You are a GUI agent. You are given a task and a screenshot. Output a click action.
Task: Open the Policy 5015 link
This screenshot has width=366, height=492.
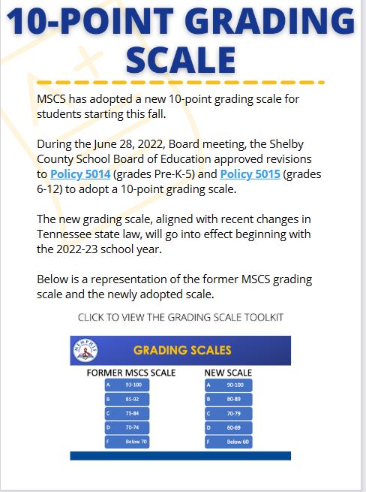[x=247, y=174]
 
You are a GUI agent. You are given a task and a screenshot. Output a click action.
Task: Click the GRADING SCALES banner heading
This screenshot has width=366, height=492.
[x=182, y=350]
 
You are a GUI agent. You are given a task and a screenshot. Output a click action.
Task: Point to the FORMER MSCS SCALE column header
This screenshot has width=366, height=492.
[x=131, y=373]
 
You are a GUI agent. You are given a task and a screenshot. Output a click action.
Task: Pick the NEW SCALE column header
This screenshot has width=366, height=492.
[x=228, y=373]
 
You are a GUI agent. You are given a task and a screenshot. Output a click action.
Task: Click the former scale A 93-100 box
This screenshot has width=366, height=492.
[x=127, y=385]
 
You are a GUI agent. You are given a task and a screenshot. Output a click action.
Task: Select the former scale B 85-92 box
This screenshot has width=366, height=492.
[x=127, y=399]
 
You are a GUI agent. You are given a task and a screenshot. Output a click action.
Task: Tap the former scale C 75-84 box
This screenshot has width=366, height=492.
[x=127, y=413]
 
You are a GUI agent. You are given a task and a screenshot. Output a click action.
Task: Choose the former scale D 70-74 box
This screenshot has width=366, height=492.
[x=127, y=427]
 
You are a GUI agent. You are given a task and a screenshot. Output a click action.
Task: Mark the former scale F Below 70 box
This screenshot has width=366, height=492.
[x=127, y=442]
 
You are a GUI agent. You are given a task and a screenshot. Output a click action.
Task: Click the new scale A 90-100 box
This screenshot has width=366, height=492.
[x=229, y=385]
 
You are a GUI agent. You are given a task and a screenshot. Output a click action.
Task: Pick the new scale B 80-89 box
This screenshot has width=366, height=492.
[x=229, y=399]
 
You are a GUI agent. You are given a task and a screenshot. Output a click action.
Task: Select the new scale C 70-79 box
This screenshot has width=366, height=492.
[x=229, y=413]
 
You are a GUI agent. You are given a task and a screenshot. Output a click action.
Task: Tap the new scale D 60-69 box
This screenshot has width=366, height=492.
[x=229, y=427]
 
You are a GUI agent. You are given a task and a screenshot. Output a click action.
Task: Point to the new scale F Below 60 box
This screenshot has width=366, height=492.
[x=229, y=442]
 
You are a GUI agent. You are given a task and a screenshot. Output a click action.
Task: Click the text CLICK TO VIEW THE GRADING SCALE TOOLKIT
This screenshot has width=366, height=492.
[x=181, y=317]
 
